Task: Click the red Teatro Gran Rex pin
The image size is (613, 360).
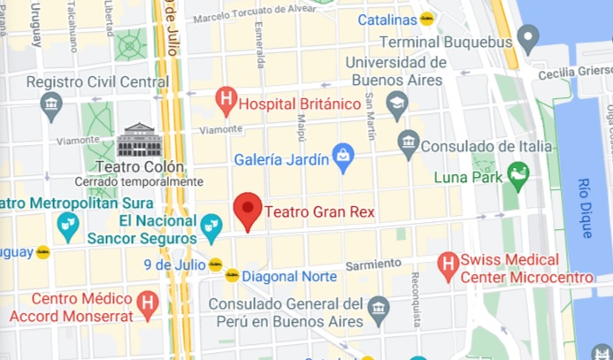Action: pos(248,211)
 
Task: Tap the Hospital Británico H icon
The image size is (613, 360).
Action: pos(227,101)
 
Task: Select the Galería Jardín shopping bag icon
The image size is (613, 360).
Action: pos(342,158)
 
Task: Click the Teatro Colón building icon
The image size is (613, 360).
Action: pos(140,141)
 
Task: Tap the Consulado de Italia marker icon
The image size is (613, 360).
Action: pos(408,142)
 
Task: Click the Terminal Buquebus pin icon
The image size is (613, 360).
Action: pos(528,38)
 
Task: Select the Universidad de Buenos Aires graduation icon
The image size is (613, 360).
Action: pos(397,103)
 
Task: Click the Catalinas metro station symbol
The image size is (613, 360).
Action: pos(427,19)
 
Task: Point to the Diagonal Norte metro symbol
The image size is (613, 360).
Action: pos(232,275)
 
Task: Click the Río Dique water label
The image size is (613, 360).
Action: pos(584,208)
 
